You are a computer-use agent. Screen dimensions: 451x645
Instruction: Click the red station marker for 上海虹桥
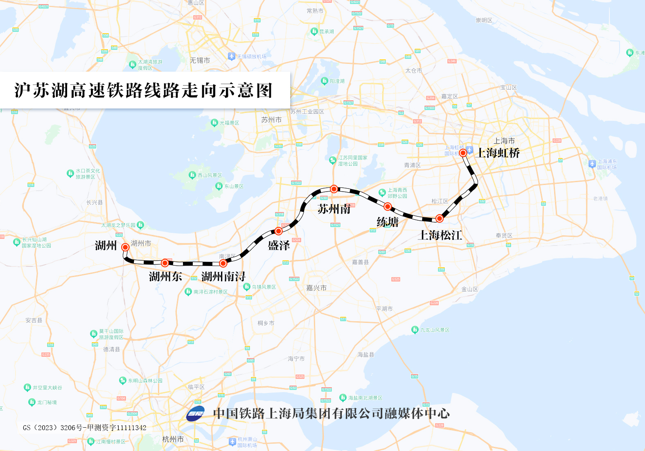pyautogui.click(x=463, y=153)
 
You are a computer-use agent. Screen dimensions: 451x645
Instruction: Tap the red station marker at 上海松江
pyautogui.click(x=439, y=218)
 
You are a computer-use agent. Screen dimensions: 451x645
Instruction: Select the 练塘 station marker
pyautogui.click(x=388, y=206)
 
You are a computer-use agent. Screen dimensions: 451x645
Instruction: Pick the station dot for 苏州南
pyautogui.click(x=334, y=189)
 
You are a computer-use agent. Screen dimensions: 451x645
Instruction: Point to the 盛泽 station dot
pyautogui.click(x=278, y=231)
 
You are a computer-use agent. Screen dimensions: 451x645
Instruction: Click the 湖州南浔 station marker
pyautogui.click(x=223, y=263)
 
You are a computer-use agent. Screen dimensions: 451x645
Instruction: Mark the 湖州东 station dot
pyautogui.click(x=165, y=262)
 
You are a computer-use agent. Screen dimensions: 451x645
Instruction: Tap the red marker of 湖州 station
pyautogui.click(x=125, y=247)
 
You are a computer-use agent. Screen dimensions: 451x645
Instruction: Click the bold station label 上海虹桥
pyautogui.click(x=498, y=153)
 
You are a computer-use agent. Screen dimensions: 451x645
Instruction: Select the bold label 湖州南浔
pyautogui.click(x=223, y=277)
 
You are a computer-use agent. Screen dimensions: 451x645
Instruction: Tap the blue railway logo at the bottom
pyautogui.click(x=196, y=414)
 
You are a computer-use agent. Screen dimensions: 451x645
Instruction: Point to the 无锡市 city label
pyautogui.click(x=200, y=60)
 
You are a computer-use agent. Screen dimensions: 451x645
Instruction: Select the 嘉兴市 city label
pyautogui.click(x=316, y=288)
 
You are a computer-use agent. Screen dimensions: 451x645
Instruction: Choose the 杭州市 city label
pyautogui.click(x=173, y=439)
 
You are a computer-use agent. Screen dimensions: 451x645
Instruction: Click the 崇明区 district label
pyautogui.click(x=484, y=20)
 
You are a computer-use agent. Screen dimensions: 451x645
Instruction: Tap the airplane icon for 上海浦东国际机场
pyautogui.click(x=592, y=164)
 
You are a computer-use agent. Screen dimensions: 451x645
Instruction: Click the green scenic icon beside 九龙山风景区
pyautogui.click(x=415, y=329)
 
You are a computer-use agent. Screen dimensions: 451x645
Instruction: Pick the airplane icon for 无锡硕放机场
pyautogui.click(x=232, y=56)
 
